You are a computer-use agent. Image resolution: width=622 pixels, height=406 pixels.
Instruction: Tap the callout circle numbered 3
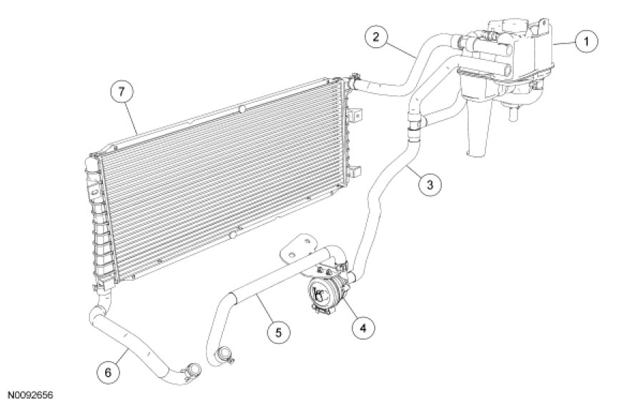429,184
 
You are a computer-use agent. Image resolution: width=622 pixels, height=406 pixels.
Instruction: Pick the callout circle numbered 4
362,327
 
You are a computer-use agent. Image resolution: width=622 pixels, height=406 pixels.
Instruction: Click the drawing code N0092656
30,395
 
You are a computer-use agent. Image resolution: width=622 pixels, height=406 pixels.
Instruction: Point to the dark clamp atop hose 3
412,129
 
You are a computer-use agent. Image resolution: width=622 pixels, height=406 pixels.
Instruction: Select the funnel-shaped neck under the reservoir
475,132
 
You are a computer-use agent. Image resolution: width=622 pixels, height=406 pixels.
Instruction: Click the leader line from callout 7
133,119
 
